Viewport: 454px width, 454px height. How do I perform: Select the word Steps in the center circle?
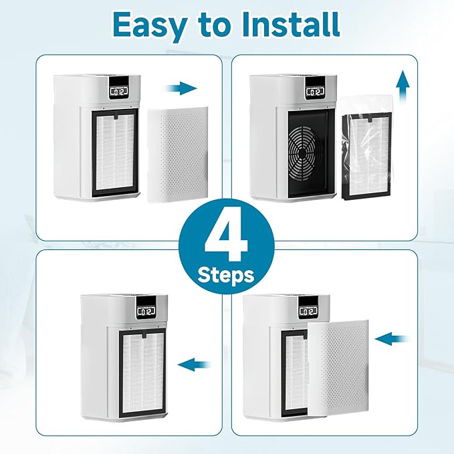pyautogui.click(x=227, y=275)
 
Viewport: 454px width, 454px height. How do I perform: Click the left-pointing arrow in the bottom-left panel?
pyautogui.click(x=197, y=365)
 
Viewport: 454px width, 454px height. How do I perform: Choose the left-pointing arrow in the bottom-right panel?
pyautogui.click(x=394, y=340)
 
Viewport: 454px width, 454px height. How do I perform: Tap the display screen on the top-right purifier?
pyautogui.click(x=314, y=91)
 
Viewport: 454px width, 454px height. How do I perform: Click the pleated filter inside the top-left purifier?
pyautogui.click(x=112, y=154)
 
